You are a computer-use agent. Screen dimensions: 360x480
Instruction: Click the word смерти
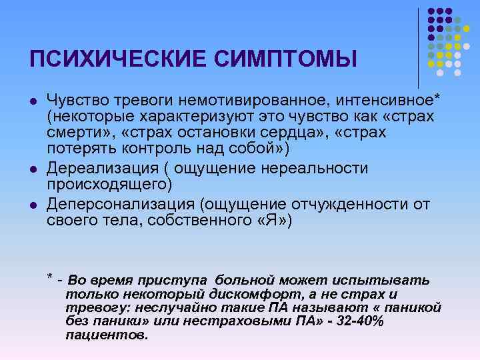point(78,133)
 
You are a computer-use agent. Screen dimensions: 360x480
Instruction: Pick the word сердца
point(282,133)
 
